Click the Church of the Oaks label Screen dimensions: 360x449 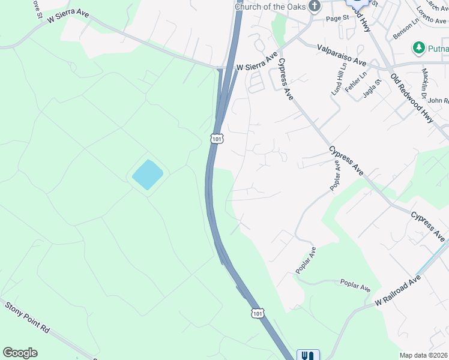[x=271, y=6]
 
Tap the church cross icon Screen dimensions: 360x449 [x=315, y=6]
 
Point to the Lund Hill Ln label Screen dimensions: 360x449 [x=339, y=79]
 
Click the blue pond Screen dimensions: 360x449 [x=147, y=175]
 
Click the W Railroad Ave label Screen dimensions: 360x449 [x=398, y=291]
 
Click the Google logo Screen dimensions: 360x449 [x=20, y=353]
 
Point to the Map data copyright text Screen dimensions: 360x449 [x=424, y=355]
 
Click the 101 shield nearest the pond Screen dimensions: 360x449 [x=217, y=139]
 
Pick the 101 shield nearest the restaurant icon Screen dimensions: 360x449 [x=257, y=313]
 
